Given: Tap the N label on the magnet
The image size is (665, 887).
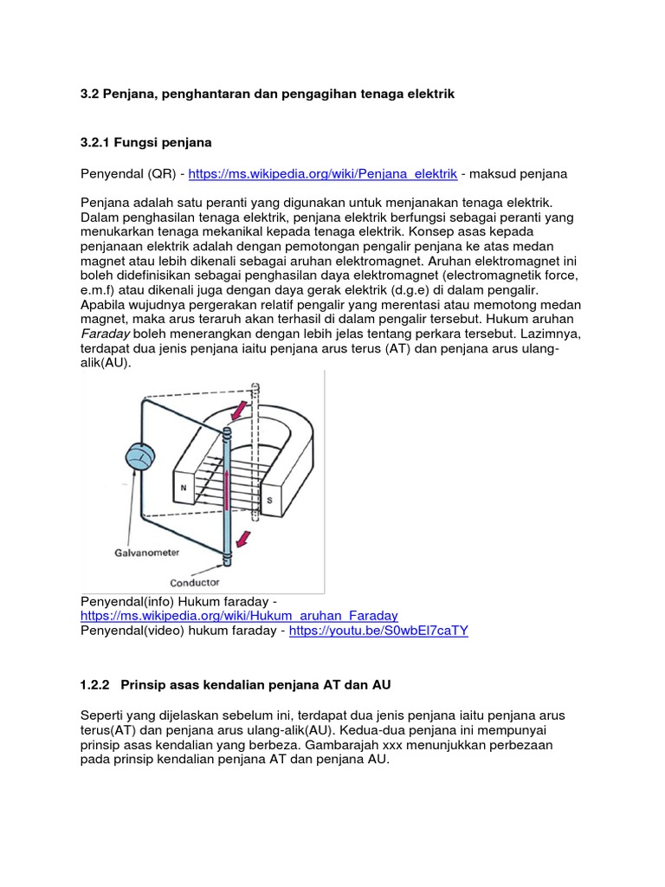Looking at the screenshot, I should click(x=184, y=488).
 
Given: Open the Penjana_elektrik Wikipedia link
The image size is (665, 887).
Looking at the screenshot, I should click(x=322, y=173).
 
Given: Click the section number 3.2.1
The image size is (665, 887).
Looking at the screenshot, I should click(x=97, y=141).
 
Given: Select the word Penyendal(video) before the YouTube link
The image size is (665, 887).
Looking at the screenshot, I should click(x=132, y=631).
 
